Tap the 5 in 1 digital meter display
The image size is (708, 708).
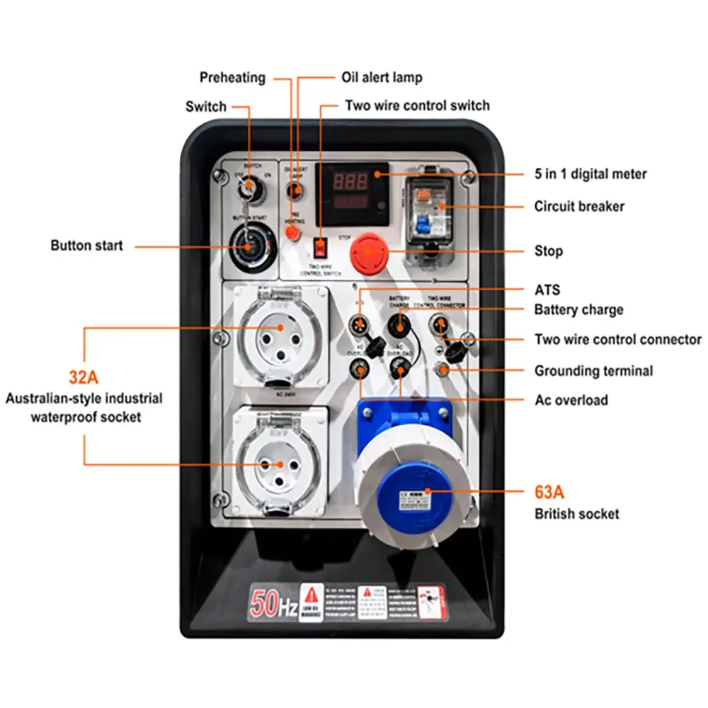tap(352, 192)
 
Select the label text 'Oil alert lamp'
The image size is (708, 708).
tap(382, 77)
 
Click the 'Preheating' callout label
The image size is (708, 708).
tap(232, 77)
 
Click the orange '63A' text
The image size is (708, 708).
tap(549, 491)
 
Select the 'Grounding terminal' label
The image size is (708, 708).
tap(593, 371)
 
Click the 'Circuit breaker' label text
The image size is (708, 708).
tap(579, 207)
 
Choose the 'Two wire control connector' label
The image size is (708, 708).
tap(617, 340)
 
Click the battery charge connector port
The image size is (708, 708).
tap(399, 325)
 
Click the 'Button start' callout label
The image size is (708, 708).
tap(86, 246)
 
